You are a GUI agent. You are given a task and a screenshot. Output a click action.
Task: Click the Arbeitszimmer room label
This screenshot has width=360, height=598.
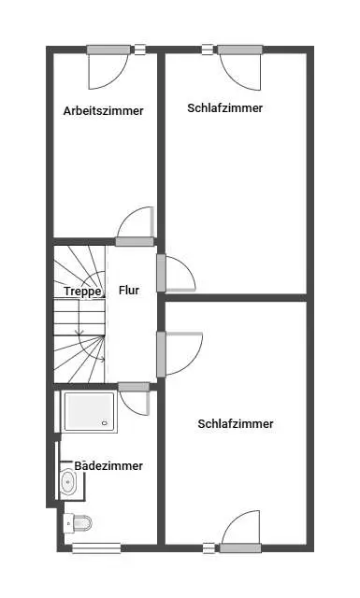pos(104,111)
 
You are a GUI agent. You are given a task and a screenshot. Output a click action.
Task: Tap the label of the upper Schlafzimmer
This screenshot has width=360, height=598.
pos(224,108)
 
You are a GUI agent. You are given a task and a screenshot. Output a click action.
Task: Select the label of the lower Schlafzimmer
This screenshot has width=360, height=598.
pos(236,423)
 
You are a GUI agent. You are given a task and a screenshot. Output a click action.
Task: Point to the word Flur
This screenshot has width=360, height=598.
pos(129,291)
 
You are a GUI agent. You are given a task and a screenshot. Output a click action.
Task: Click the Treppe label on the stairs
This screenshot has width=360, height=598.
pos(83,292)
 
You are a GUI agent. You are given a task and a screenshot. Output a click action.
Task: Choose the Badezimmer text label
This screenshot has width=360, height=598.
pos(108,465)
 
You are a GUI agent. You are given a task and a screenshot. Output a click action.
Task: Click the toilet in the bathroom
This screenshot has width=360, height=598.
pos(78,522)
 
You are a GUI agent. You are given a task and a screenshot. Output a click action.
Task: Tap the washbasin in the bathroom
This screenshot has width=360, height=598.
pos(68,483)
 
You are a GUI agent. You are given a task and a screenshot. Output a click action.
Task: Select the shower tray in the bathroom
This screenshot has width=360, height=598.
pos(89,411)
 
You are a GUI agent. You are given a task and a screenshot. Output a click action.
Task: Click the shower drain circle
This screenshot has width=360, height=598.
pos(105,422)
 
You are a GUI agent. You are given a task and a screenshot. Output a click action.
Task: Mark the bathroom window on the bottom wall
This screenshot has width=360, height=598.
pos(96,548)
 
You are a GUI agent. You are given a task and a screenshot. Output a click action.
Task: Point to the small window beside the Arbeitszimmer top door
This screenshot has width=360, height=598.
pos(139,50)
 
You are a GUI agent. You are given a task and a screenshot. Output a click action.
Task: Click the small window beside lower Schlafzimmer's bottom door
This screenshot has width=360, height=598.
pos(209,548)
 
